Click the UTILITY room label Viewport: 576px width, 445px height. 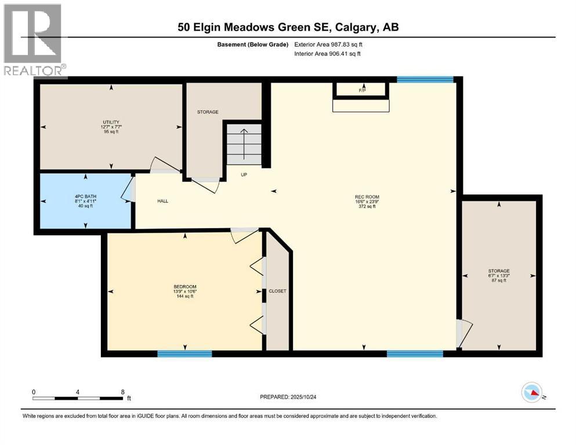pyautogui.click(x=111, y=122)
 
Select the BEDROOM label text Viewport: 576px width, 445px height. pyautogui.click(x=185, y=287)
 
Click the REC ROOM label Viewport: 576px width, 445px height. pyautogui.click(x=367, y=197)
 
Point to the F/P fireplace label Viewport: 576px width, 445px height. pyautogui.click(x=363, y=91)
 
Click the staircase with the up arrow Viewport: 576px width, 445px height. pyautogui.click(x=244, y=146)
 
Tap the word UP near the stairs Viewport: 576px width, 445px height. pyautogui.click(x=244, y=174)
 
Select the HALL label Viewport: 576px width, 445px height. pyautogui.click(x=162, y=201)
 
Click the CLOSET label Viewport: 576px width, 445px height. pyautogui.click(x=278, y=291)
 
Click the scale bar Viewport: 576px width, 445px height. pyautogui.click(x=78, y=398)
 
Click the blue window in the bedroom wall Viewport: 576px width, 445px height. pyautogui.click(x=184, y=353)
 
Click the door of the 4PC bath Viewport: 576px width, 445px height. pyautogui.click(x=128, y=190)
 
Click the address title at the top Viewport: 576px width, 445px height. pyautogui.click(x=288, y=27)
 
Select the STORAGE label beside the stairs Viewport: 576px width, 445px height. pyautogui.click(x=207, y=112)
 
